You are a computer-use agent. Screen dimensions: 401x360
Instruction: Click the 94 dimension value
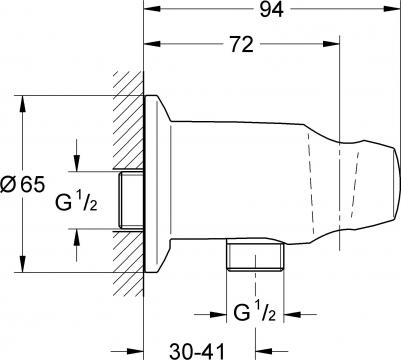pyautogui.click(x=272, y=10)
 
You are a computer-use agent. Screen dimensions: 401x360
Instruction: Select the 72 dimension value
pyautogui.click(x=242, y=44)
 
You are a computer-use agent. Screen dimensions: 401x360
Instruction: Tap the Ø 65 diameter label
pyautogui.click(x=22, y=184)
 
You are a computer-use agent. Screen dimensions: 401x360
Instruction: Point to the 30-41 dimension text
pyautogui.click(x=197, y=351)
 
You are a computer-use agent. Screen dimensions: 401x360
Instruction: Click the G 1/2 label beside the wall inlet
pyautogui.click(x=76, y=201)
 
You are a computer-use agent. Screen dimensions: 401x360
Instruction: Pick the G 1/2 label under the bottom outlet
pyautogui.click(x=255, y=312)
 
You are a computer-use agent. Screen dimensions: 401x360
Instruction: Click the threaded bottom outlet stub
pyautogui.click(x=255, y=257)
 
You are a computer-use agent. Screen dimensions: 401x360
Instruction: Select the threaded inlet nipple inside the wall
pyautogui.click(x=131, y=200)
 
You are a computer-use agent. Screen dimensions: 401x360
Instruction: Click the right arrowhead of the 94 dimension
pyautogui.click(x=393, y=9)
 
